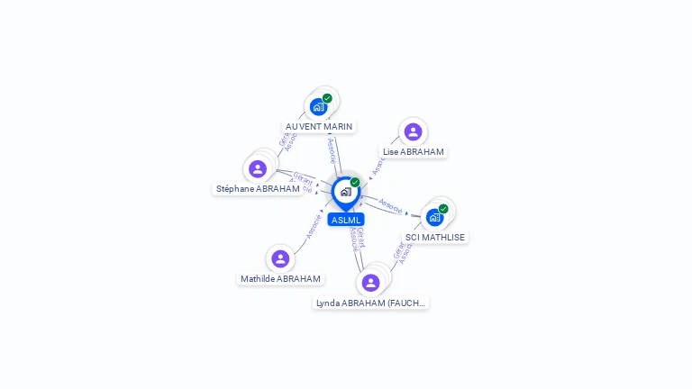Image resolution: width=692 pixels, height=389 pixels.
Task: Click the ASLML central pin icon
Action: [345, 192]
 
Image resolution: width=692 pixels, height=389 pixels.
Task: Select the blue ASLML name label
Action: [346, 220]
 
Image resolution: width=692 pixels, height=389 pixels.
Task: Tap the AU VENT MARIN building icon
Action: [318, 106]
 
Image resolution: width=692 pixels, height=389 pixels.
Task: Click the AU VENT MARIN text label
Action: [319, 127]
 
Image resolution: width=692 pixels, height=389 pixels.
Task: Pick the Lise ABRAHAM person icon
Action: [413, 132]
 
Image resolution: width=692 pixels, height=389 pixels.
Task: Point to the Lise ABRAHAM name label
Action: [414, 152]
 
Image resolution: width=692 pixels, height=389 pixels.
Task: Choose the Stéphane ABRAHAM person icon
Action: [258, 168]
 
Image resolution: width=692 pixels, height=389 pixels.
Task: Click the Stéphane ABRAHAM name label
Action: [258, 189]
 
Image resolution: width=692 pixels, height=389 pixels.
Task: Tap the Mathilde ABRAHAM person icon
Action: [280, 258]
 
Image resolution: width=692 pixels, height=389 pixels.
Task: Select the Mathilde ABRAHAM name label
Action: [281, 279]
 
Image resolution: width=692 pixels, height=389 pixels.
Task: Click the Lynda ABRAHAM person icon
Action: [370, 283]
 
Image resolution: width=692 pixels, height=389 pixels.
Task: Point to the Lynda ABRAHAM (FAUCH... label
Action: [370, 303]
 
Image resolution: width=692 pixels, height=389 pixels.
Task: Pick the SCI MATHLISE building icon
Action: [435, 217]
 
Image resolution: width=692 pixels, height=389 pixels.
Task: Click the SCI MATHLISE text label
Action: [436, 238]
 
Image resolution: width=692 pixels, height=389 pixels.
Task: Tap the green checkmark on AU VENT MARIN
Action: [327, 98]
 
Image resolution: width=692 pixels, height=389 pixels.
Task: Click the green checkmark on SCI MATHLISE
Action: [443, 209]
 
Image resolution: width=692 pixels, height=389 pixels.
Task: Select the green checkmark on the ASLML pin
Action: [355, 182]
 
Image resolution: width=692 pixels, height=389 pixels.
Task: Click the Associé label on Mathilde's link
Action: [314, 225]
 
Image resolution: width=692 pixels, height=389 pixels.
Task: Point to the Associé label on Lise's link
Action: [378, 165]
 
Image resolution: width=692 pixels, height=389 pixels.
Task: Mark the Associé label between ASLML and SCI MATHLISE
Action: [390, 206]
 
